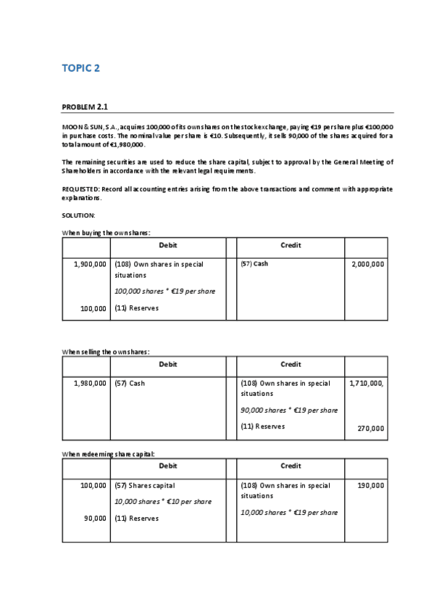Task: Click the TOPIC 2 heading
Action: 80,69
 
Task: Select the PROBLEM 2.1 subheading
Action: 85,107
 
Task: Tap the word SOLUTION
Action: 79,215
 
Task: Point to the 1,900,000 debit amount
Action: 90,264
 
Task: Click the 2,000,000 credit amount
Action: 367,264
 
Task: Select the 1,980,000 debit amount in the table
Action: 90,383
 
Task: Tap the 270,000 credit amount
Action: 371,428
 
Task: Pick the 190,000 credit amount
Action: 371,486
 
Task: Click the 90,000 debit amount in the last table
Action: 93,519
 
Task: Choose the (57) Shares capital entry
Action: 145,486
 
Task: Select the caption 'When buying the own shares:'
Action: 106,232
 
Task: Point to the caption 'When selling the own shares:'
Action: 106,352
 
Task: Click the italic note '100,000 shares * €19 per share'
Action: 165,292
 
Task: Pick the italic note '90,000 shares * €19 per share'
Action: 289,410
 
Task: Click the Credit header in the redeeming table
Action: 290,466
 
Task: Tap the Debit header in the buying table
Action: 167,245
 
